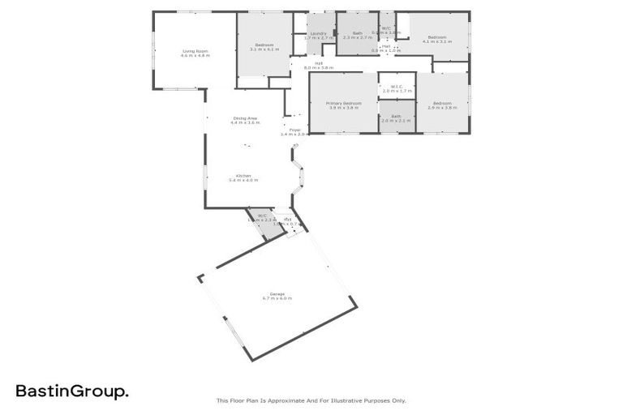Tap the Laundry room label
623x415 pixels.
tap(319, 33)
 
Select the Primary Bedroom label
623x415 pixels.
tap(343, 104)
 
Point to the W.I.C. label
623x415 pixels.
tap(397, 87)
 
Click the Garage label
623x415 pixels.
tap(277, 293)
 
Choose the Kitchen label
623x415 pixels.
tap(243, 176)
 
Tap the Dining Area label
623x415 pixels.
tap(245, 118)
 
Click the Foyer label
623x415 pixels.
tap(294, 129)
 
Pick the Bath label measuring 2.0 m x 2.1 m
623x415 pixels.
tap(397, 116)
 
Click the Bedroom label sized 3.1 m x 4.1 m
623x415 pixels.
tap(264, 45)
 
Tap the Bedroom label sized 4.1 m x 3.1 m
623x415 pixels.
tap(437, 36)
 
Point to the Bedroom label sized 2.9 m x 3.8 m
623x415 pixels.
tap(442, 103)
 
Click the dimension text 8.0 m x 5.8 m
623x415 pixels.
tap(319, 67)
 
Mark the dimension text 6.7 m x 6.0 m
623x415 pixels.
tap(277, 298)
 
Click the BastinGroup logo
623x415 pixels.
tap(71, 391)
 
